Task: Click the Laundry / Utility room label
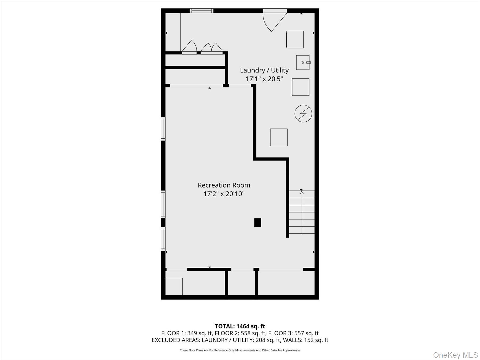coord(264,70)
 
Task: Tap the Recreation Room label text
coord(224,185)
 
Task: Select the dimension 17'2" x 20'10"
coord(224,194)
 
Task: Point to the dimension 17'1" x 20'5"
coord(264,79)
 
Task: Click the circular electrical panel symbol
coord(303,114)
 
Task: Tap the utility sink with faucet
coord(303,62)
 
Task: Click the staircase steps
coord(302,212)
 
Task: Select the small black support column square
coord(257,222)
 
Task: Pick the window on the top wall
coord(201,11)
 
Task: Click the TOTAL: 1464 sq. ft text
coord(240,326)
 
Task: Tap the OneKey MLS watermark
coord(455,355)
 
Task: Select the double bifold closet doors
coord(211,48)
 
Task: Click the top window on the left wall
coord(163,129)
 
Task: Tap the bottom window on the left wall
coord(163,239)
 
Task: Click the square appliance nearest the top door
coord(295,39)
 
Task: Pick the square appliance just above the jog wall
coord(279,137)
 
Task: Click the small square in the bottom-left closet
coord(174,286)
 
